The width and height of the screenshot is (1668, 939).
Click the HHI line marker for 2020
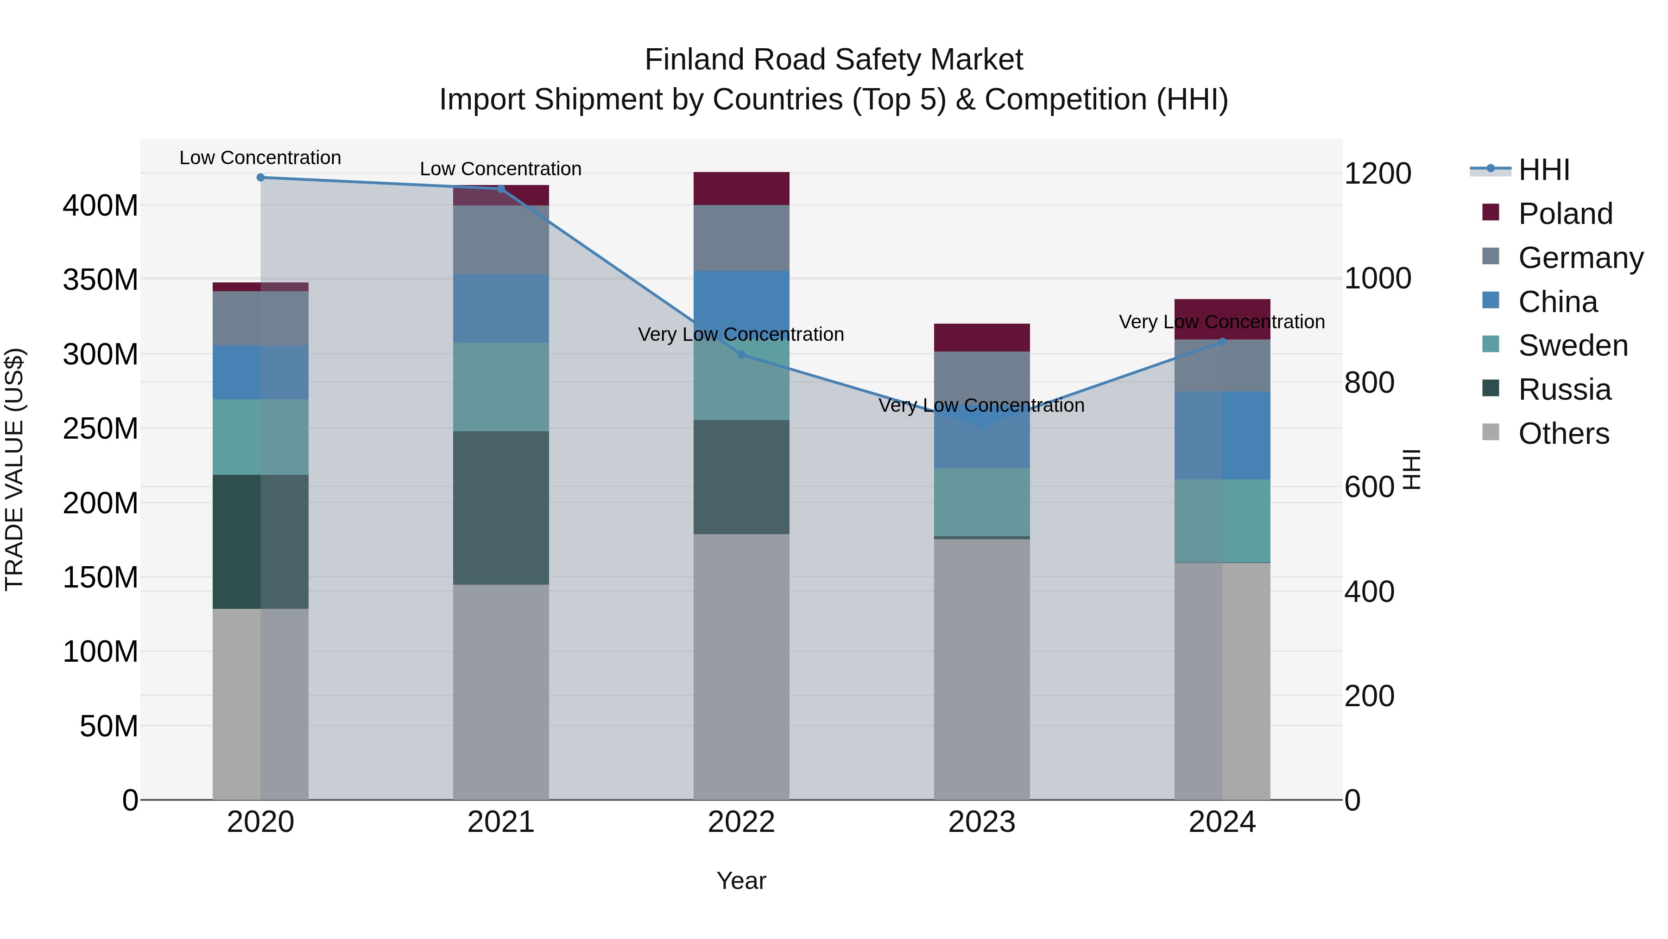pos(260,177)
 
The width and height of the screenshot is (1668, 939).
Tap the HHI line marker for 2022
pos(741,354)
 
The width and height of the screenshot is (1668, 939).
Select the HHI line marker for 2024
pos(1222,341)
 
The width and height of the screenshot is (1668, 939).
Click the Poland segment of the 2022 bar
pos(741,189)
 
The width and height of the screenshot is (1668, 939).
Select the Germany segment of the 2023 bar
pos(982,376)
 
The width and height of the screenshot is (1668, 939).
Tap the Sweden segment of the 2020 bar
pos(260,437)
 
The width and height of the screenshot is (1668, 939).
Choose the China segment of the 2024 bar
pos(1222,435)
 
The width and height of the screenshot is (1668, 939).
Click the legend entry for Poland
pos(1564,213)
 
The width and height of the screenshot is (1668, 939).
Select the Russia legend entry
pos(1564,390)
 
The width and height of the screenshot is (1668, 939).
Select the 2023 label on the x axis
pos(982,822)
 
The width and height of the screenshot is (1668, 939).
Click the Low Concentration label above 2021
pos(500,168)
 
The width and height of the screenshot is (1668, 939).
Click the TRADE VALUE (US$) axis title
pos(14,469)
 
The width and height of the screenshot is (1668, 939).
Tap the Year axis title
pos(741,881)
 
